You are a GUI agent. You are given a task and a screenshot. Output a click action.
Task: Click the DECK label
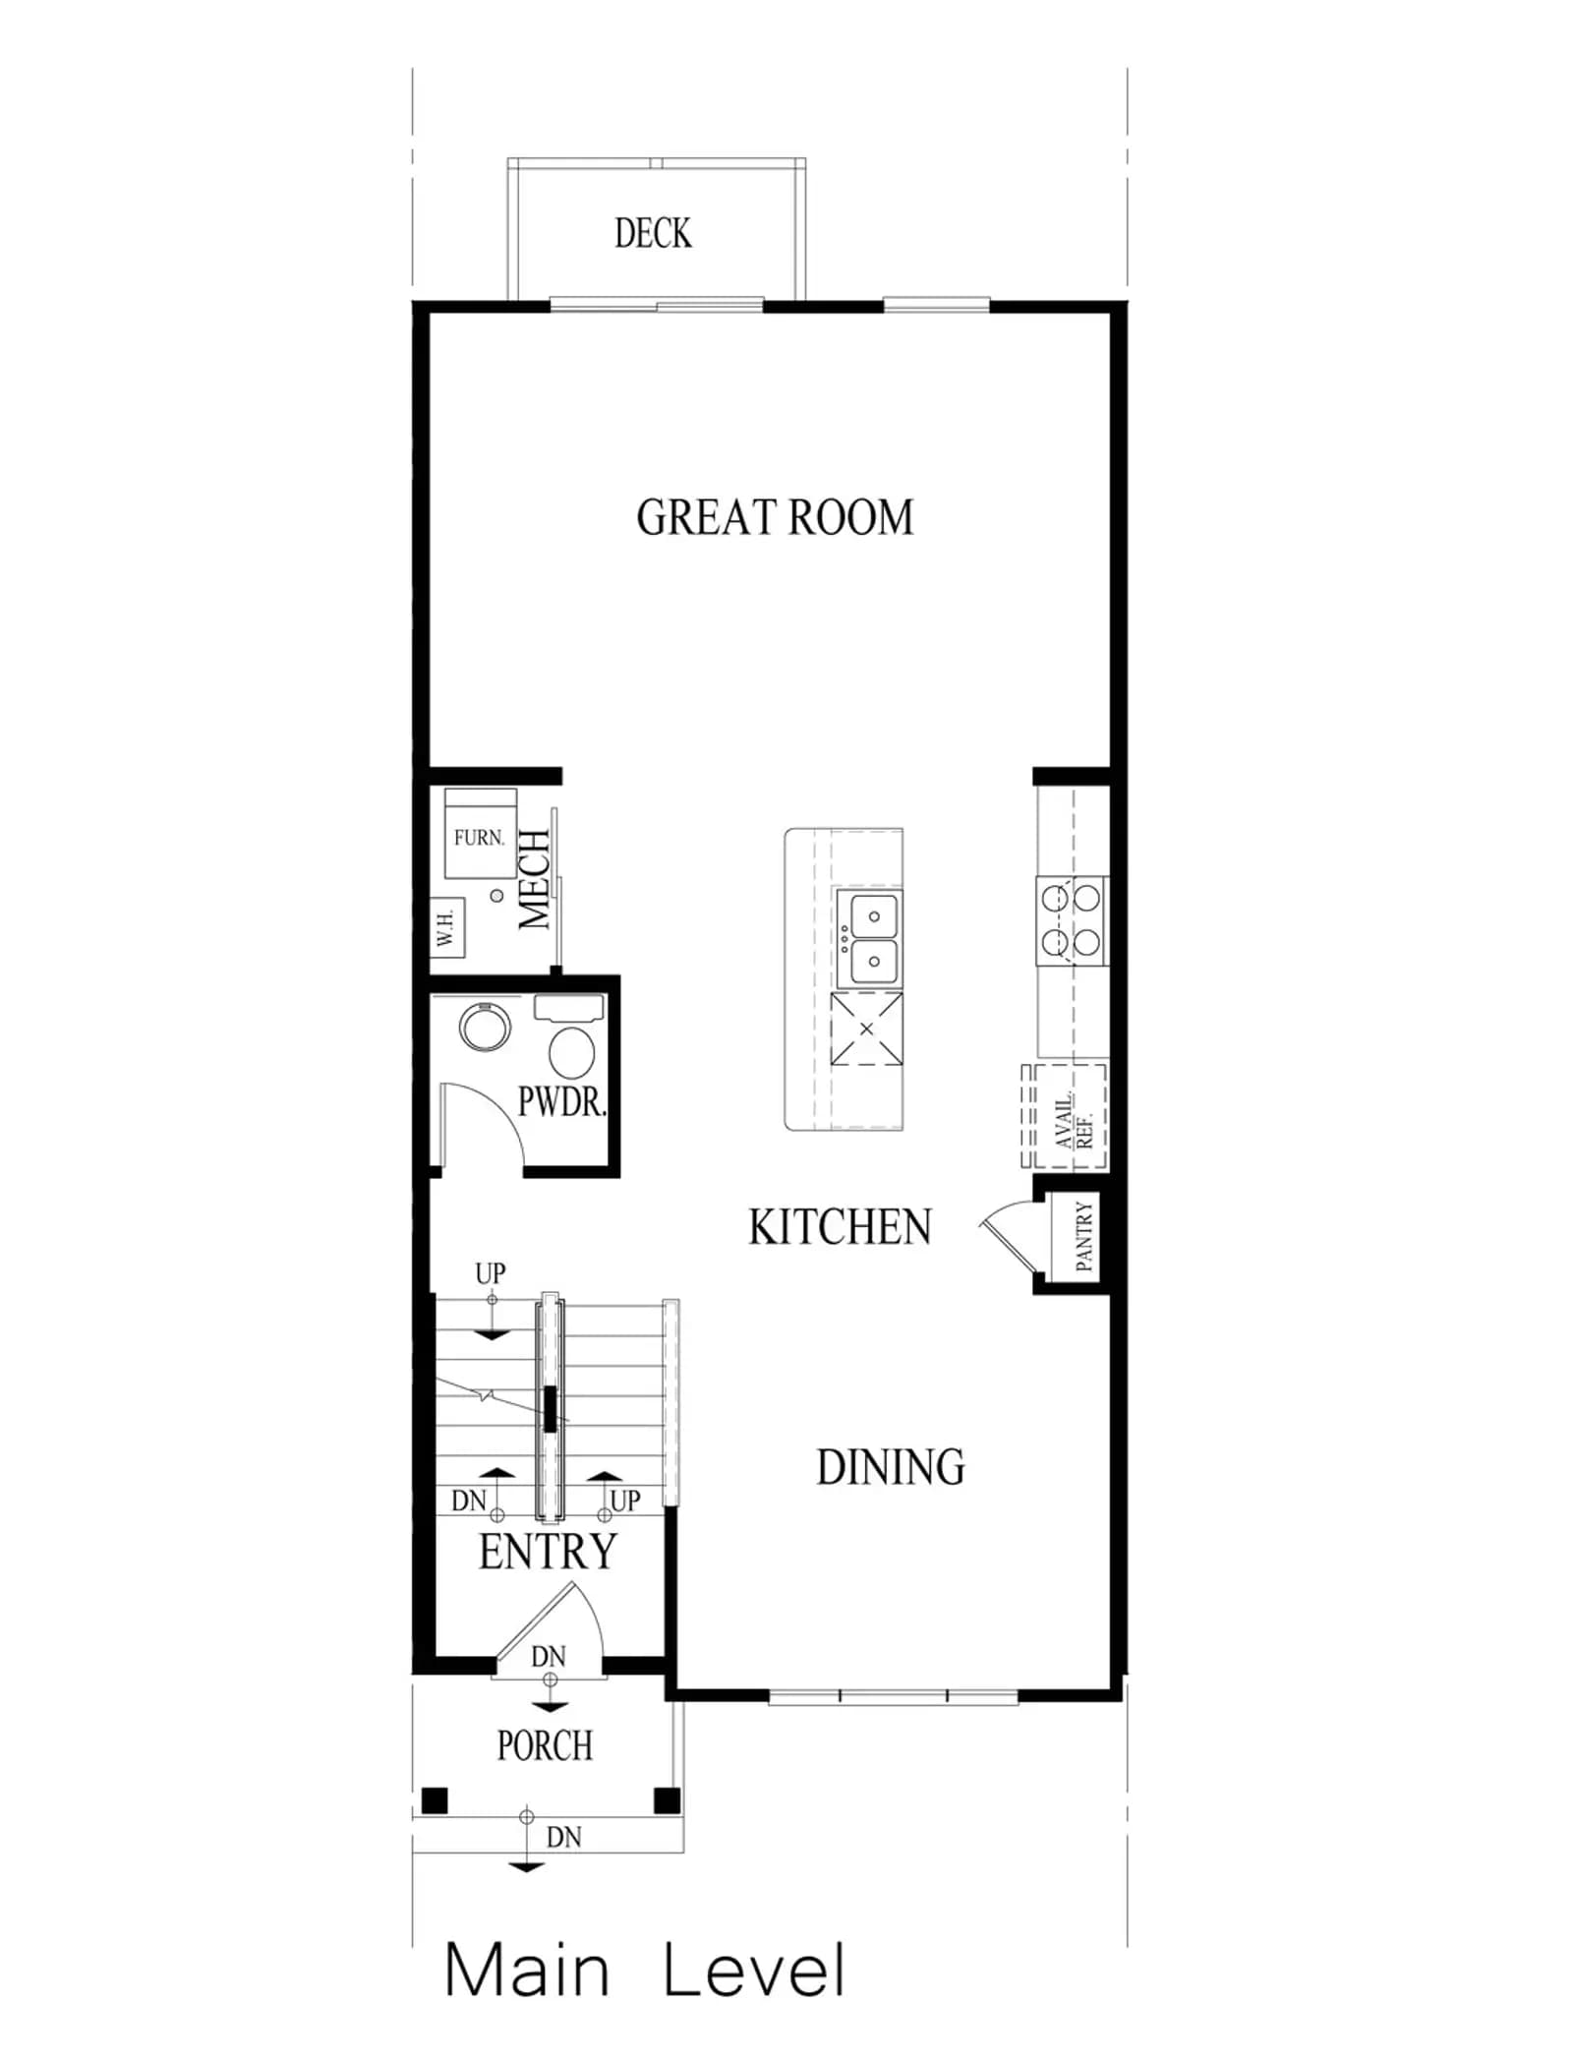[653, 234]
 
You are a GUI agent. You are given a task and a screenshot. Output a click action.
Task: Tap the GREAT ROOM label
[775, 517]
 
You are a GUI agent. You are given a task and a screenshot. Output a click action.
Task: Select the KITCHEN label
[840, 1227]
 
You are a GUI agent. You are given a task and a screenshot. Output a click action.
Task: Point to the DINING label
[891, 1467]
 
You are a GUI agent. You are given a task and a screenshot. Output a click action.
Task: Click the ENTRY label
[548, 1552]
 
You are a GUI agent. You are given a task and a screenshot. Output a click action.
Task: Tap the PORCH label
[545, 1746]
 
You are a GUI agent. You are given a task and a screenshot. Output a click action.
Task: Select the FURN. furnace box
[481, 833]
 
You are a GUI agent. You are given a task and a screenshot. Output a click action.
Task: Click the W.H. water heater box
[447, 927]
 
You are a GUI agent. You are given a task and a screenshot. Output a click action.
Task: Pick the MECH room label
[535, 879]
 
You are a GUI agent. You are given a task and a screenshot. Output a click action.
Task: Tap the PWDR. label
[561, 1102]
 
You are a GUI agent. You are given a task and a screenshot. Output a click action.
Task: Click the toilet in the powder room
[570, 1038]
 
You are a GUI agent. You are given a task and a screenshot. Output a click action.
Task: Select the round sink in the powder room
[485, 1027]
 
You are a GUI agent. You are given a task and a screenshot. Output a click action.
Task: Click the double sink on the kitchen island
[867, 939]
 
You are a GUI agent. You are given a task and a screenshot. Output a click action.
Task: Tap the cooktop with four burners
[1072, 921]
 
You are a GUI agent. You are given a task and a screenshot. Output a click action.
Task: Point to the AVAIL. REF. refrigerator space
[1065, 1117]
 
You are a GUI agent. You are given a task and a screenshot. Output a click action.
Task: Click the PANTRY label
[1084, 1236]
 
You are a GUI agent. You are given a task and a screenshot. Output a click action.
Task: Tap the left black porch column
[435, 1799]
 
